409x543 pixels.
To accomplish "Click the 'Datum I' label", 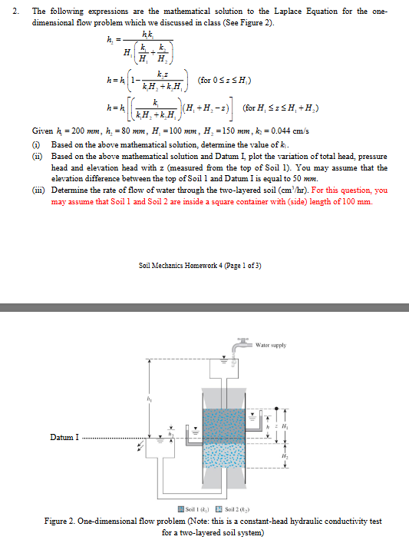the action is (x=65, y=438).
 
